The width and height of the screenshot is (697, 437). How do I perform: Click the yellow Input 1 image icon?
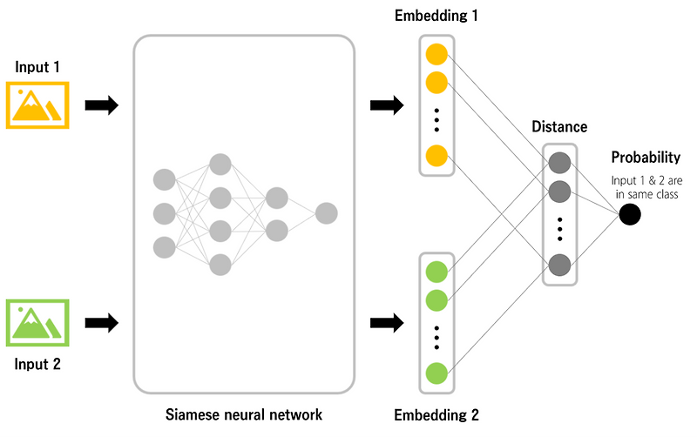point(37,105)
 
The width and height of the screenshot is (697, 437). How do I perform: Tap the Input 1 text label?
point(37,67)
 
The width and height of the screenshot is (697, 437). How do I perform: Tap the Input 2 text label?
point(37,363)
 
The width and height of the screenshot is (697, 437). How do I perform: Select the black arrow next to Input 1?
point(101,106)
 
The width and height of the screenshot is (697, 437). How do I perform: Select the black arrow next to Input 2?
point(101,323)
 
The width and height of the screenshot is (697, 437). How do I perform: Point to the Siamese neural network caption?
point(244,414)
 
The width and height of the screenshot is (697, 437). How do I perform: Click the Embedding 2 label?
point(436,414)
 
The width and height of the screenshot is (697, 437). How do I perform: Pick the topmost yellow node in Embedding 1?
point(436,55)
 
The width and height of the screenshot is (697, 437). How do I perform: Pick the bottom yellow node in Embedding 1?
point(436,156)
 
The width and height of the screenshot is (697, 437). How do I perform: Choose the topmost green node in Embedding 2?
point(436,272)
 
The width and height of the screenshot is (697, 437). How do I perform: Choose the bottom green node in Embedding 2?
point(436,374)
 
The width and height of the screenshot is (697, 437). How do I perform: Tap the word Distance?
point(559,127)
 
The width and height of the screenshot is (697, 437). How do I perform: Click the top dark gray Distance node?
point(559,163)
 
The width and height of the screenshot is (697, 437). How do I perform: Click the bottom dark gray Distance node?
point(559,265)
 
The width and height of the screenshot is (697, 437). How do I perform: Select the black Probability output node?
point(630,214)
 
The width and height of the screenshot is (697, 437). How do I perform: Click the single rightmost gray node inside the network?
point(327,213)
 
